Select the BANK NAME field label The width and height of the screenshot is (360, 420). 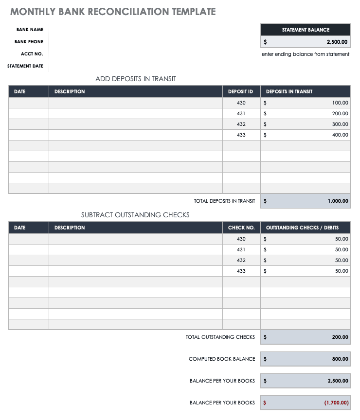coord(30,30)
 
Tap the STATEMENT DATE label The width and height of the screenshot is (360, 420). coord(25,66)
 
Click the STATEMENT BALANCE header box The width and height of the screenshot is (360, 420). coord(306,30)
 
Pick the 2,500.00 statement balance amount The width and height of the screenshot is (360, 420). coord(337,42)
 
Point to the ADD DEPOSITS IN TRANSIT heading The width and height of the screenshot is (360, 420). coord(136,79)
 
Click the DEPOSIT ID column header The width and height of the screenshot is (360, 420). coord(241,91)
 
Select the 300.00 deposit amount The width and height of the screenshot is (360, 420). coord(340,124)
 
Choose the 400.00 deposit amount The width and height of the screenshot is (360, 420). coord(340,135)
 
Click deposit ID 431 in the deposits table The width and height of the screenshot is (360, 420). coord(241,114)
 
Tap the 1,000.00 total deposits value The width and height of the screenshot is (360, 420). coord(337,201)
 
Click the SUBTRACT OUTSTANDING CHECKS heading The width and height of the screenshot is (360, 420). coord(135,215)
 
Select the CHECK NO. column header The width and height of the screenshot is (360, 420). coord(241,227)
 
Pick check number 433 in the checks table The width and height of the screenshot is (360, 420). coord(241,271)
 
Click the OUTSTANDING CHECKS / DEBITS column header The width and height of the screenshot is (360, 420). coord(302,227)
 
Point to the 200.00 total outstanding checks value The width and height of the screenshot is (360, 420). coord(340,337)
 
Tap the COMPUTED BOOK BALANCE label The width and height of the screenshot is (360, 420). coord(222,359)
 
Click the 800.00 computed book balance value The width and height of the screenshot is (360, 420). coord(340,359)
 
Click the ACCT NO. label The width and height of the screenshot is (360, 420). coord(32,54)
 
